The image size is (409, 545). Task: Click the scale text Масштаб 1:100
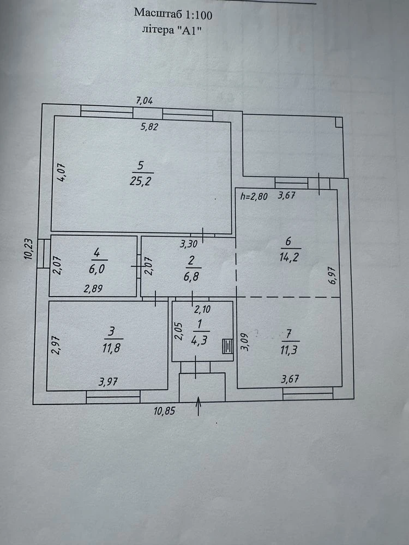173,14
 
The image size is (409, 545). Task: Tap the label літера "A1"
172,30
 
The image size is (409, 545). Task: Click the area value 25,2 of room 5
140,181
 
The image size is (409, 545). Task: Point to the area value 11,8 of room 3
111,348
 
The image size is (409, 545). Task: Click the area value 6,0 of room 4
97,269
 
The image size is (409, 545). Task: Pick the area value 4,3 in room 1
199,340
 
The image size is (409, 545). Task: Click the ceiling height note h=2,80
254,196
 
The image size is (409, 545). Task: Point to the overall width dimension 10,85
164,411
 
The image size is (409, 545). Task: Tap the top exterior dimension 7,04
145,101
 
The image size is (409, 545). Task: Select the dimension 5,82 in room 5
149,127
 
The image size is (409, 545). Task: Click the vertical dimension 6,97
333,275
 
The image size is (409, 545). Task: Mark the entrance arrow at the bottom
199,406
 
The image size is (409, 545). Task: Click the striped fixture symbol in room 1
228,346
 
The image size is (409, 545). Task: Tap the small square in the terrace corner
339,122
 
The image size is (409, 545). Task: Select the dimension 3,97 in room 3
108,383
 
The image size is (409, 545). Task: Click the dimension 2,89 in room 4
93,288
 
